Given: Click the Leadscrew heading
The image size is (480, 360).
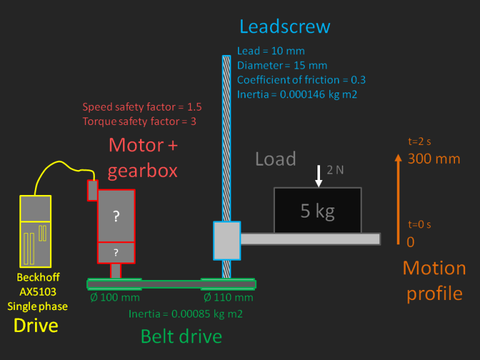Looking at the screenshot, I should [284, 27].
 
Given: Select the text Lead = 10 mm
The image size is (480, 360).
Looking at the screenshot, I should [271, 51].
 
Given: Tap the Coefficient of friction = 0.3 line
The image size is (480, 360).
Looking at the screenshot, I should [301, 80].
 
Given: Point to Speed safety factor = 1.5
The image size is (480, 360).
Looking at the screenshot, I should [142, 107].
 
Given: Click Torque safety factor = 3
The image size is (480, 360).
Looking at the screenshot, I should [139, 121].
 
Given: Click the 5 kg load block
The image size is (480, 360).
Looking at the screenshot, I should [317, 211].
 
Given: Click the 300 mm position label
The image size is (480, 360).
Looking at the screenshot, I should [434, 159].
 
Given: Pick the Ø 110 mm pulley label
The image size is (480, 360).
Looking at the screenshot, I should [228, 297].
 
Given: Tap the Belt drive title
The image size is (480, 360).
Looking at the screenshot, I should [181, 337].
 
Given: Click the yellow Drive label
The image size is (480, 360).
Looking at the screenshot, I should [36, 325].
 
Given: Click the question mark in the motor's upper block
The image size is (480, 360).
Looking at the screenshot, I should [116, 217].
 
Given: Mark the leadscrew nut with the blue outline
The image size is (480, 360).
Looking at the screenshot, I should [226, 240].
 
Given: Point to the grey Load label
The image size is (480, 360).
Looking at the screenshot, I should [275, 159].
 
